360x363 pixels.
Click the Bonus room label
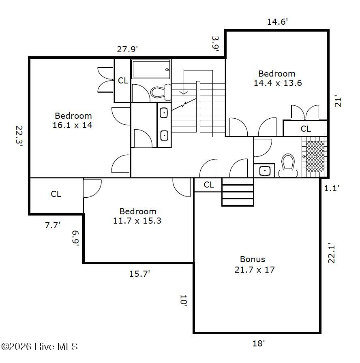[254, 265]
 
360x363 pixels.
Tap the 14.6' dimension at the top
[277, 22]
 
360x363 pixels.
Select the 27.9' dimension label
[127, 49]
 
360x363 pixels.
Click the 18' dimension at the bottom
[259, 343]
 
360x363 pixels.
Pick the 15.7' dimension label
[139, 274]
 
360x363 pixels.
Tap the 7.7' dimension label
[53, 225]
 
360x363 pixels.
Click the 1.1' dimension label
[332, 188]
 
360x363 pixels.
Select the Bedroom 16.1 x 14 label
[73, 120]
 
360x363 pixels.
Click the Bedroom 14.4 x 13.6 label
[278, 78]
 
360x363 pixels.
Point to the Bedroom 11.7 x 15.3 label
[137, 216]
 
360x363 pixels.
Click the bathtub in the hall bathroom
[151, 69]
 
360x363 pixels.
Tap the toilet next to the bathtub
[161, 92]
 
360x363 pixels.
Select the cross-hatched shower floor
[315, 156]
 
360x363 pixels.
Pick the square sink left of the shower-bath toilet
[265, 171]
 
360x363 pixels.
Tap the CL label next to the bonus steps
[209, 185]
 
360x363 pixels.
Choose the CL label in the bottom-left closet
[56, 194]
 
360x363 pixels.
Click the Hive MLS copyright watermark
[39, 346]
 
